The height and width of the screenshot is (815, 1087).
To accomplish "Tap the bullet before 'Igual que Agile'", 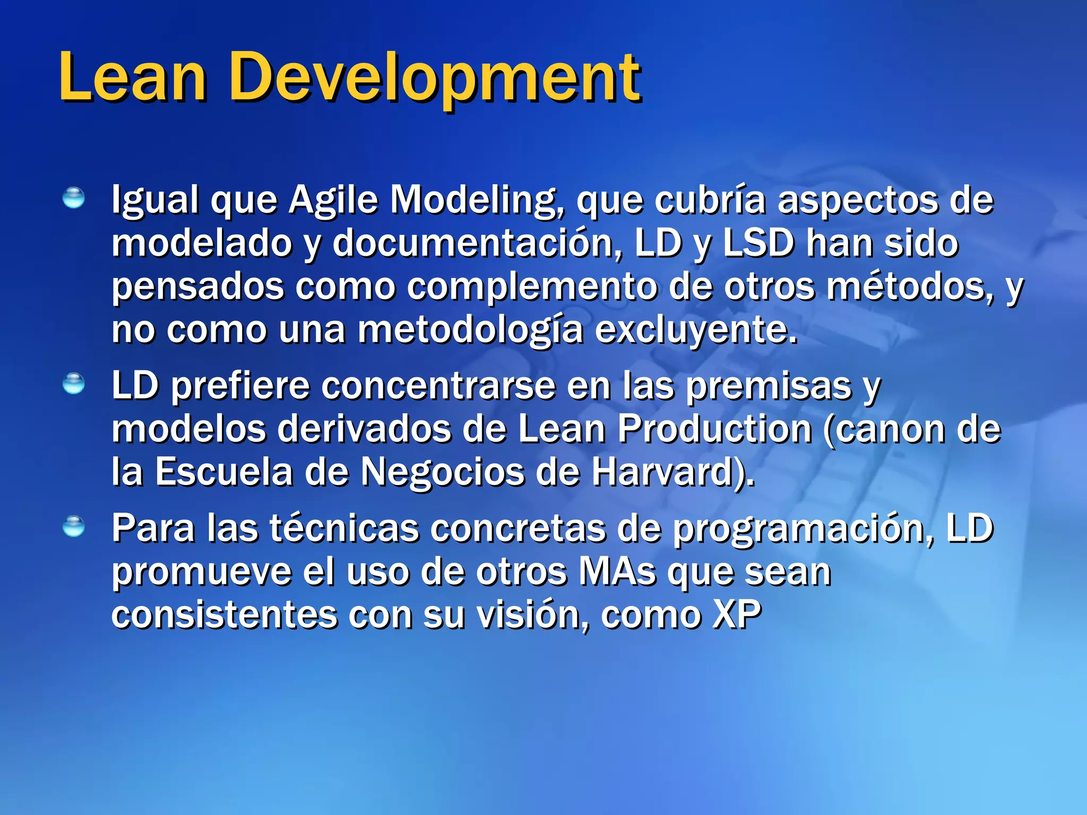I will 73,198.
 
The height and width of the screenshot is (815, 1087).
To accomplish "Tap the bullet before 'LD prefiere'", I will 73,384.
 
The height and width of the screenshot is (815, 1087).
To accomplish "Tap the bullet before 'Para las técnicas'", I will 73,526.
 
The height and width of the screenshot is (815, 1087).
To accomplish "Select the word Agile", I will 333,201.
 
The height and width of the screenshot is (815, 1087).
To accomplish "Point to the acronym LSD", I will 759,244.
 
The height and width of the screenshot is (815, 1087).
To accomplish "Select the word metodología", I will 470,331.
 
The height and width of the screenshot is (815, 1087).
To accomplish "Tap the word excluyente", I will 695,331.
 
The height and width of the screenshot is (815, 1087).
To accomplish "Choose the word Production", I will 715,429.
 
